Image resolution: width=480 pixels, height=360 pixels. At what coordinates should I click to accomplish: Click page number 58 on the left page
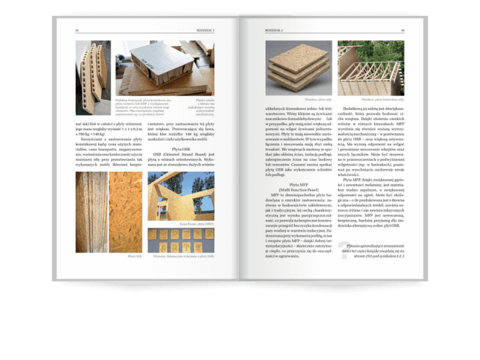tap(77, 31)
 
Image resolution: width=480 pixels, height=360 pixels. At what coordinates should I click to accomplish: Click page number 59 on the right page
tap(403, 31)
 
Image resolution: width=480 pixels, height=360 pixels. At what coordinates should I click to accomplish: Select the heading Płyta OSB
tap(181, 149)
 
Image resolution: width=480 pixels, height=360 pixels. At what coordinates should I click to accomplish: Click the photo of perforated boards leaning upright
tap(93, 67)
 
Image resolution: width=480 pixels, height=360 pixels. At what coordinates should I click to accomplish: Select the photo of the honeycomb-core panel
tap(165, 67)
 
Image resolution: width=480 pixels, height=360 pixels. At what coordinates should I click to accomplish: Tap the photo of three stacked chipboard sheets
tap(298, 67)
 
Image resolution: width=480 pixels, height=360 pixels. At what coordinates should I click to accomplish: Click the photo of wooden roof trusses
tap(371, 67)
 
